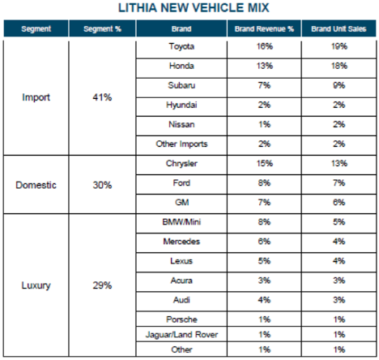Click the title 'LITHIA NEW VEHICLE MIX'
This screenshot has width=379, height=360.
tap(194, 8)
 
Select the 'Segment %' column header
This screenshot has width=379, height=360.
tap(102, 28)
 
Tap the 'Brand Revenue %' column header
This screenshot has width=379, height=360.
tap(264, 28)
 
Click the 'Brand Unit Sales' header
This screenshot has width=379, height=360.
tap(339, 28)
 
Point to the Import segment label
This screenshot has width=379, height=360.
tap(36, 97)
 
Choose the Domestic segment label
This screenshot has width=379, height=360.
tap(36, 185)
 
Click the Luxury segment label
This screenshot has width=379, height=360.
tap(36, 285)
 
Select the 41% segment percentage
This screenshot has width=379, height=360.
tap(102, 97)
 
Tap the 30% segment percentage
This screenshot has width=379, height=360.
tap(102, 185)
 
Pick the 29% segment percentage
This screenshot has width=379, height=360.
tap(102, 285)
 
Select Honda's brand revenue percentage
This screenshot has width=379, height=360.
tap(265, 66)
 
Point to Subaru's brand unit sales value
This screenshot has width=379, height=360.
tap(339, 85)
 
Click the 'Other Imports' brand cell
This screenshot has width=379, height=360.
tap(181, 144)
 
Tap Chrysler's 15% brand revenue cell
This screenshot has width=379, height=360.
tap(265, 164)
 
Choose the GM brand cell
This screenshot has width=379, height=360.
tap(181, 203)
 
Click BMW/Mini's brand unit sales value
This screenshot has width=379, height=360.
tap(339, 222)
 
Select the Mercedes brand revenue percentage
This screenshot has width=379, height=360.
tap(264, 242)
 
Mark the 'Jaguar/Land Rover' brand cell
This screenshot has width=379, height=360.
tap(181, 335)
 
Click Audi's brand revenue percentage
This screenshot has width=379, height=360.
tap(264, 300)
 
